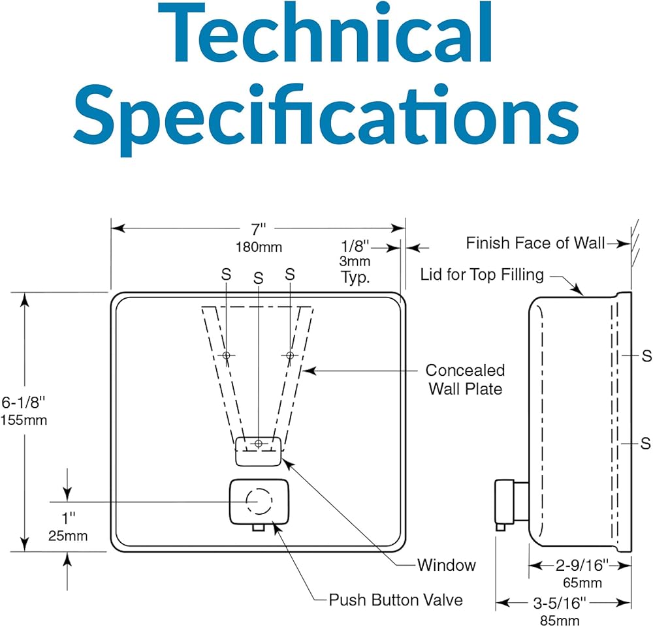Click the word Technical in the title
click(326, 33)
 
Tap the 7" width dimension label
click(258, 229)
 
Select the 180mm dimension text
click(259, 247)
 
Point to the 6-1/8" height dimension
click(23, 403)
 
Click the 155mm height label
click(24, 420)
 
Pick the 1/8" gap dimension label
click(355, 247)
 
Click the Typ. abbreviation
click(355, 277)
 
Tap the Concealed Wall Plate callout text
click(465, 380)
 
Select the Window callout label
click(447, 565)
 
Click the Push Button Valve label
click(396, 600)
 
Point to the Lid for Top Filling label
click(482, 275)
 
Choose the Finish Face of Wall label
click(535, 243)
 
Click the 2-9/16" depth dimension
click(582, 565)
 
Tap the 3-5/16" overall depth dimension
click(560, 602)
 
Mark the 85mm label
click(560, 620)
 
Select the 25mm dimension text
click(68, 536)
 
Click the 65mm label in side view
click(582, 583)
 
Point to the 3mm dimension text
click(355, 261)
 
